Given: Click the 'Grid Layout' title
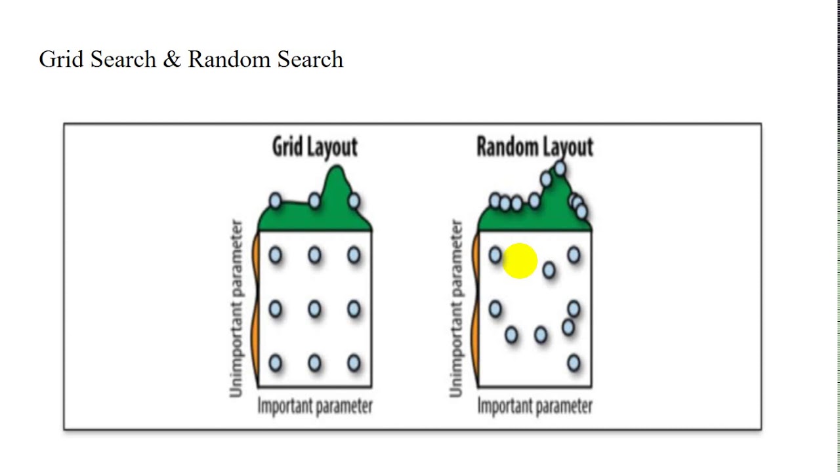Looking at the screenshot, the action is (314, 147).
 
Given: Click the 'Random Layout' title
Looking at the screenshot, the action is (535, 147).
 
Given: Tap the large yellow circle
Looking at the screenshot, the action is (520, 261).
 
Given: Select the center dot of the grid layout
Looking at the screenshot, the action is (314, 309).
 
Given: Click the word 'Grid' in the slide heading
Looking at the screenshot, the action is (61, 59).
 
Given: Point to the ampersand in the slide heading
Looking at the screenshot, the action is (172, 60).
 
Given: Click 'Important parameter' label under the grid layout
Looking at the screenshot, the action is (315, 406).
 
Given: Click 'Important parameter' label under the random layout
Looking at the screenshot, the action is (535, 406).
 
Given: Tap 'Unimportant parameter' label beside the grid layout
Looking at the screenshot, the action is (236, 308).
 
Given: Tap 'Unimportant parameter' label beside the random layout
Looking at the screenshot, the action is (456, 308).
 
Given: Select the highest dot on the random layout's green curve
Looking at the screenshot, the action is (560, 168).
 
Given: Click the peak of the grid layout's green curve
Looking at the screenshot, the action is (337, 166).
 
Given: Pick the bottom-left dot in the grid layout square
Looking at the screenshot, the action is (275, 363).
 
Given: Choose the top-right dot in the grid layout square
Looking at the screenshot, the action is (354, 256).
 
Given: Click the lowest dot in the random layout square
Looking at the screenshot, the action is (574, 363).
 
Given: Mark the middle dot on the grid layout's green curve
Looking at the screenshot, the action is (314, 201).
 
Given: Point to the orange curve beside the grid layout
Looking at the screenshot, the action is (256, 309).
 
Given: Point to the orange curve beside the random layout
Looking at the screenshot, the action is (476, 309).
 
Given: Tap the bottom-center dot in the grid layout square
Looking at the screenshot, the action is (314, 363).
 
